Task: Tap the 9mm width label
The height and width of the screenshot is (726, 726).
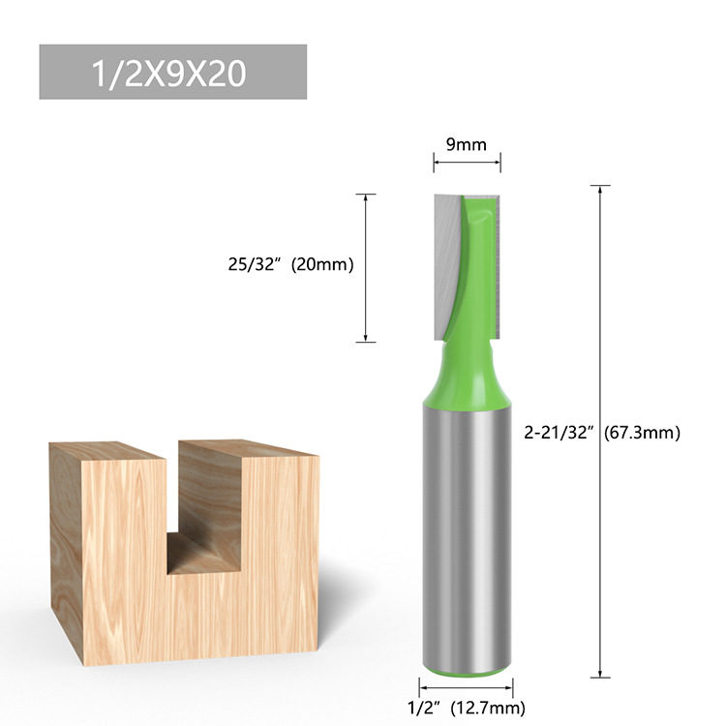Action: pyautogui.click(x=466, y=145)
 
